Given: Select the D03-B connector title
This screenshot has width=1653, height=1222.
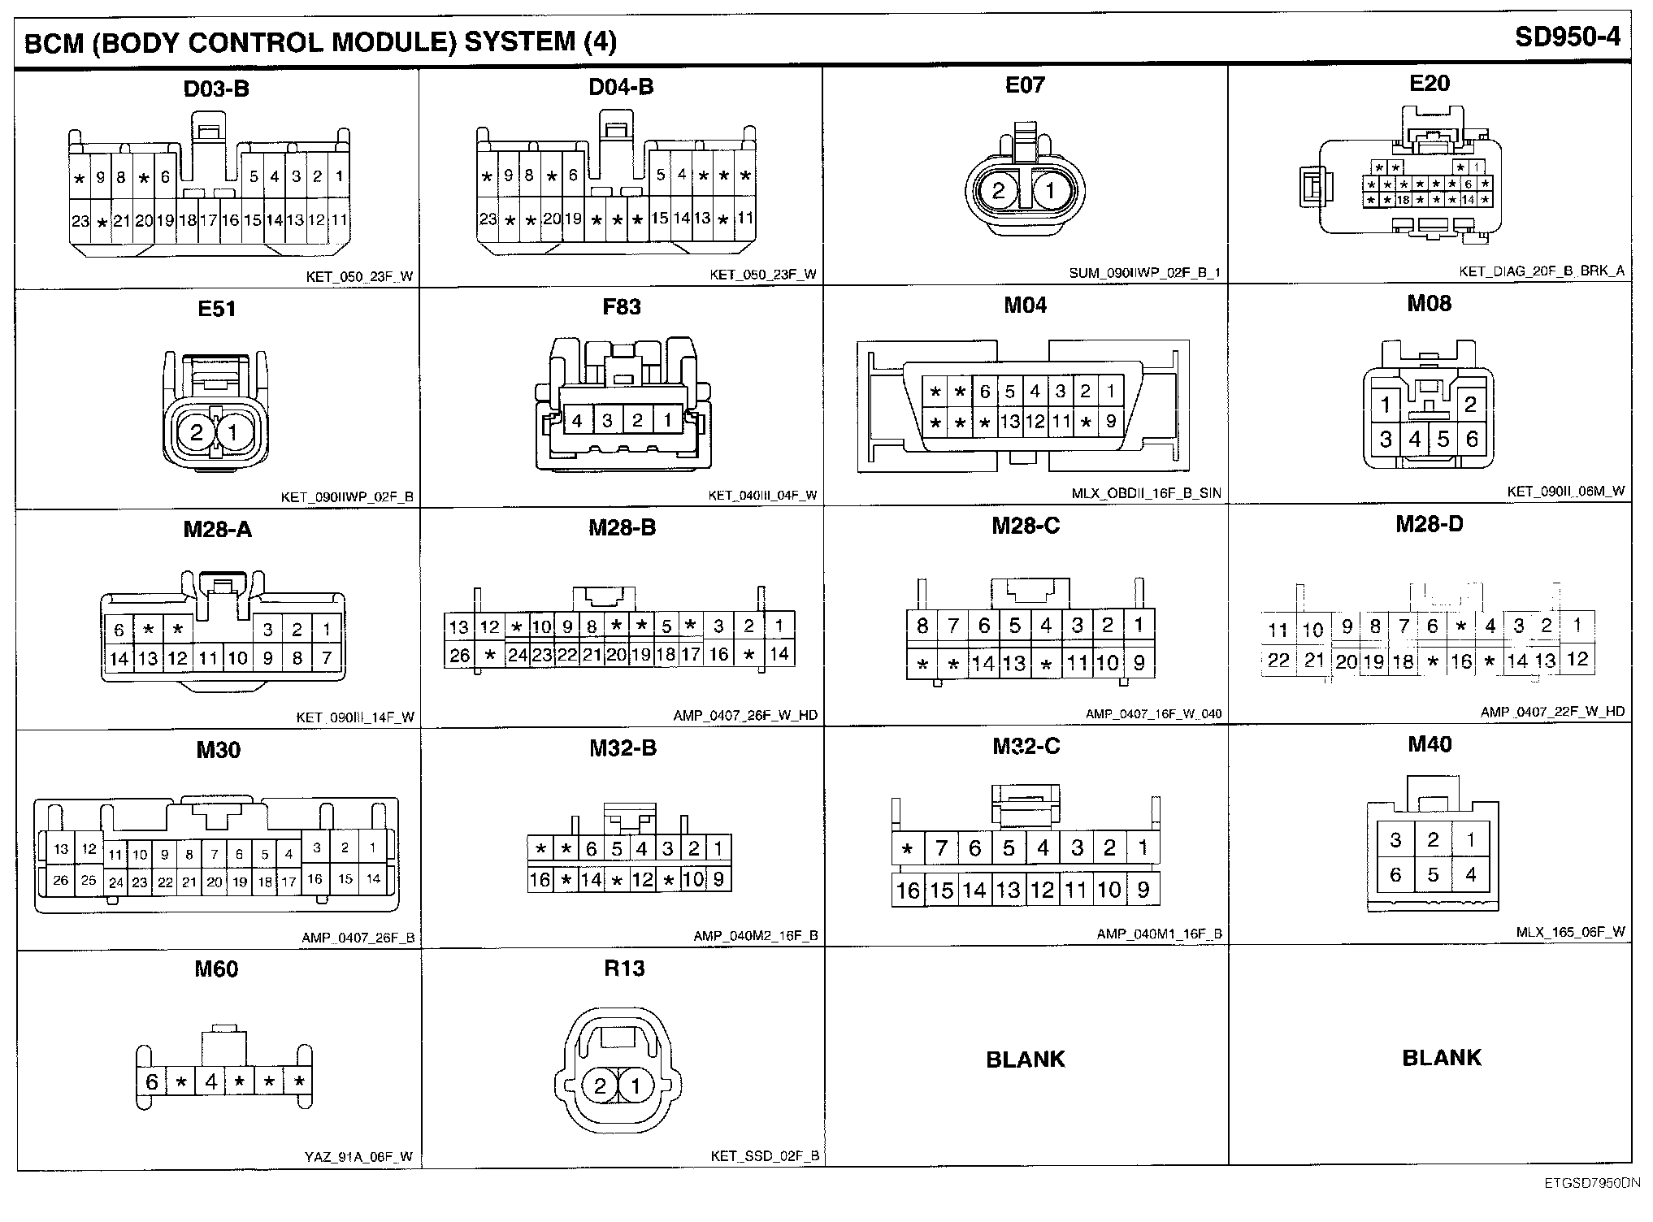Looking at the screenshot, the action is [x=216, y=89].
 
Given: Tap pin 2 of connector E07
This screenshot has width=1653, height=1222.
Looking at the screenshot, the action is [x=999, y=190].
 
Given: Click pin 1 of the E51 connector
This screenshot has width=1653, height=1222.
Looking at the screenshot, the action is [x=233, y=431].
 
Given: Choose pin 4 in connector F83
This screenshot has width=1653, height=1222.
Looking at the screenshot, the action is [x=577, y=420].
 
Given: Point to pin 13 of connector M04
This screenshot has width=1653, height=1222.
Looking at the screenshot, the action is [x=1009, y=422].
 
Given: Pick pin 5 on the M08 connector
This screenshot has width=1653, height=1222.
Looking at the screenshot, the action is [x=1443, y=440].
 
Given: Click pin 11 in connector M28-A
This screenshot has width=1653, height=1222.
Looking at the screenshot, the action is [x=208, y=657].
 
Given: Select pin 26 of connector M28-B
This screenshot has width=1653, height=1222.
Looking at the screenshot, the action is [x=459, y=655].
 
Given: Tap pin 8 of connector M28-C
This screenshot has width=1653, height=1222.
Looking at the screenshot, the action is [x=922, y=626].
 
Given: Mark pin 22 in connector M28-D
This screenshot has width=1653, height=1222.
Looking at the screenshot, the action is [x=1278, y=660].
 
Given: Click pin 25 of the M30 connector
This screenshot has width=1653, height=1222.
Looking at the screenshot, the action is [x=89, y=880].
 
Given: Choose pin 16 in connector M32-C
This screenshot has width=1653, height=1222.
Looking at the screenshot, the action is [x=907, y=890].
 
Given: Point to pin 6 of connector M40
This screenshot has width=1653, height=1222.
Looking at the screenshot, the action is [x=1396, y=875].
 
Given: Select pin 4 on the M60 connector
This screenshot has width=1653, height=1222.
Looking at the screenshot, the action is [x=211, y=1081].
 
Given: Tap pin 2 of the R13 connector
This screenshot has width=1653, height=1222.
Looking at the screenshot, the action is [x=601, y=1086].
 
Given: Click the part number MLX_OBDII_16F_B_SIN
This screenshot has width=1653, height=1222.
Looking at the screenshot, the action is [x=1146, y=493].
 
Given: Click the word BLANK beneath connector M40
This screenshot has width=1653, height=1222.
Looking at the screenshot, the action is [x=1442, y=1057].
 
